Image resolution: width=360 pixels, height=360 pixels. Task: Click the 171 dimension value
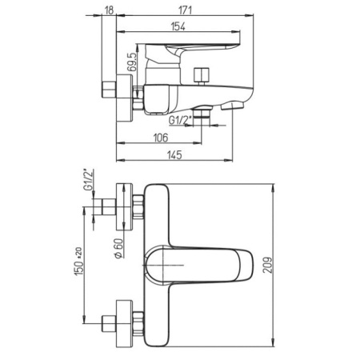185,10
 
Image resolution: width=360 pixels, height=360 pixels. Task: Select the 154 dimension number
178,26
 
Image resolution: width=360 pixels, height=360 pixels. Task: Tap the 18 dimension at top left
109,10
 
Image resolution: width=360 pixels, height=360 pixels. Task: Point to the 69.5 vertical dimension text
132,62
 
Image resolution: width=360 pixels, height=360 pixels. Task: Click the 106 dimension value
161,138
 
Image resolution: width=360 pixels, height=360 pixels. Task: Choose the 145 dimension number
174,155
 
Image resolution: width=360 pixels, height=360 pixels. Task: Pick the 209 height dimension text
268,265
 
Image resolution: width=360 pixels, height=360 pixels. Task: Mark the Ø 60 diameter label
119,248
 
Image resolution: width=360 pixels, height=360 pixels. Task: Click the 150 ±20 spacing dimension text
79,262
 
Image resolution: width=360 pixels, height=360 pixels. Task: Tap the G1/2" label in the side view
180,120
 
